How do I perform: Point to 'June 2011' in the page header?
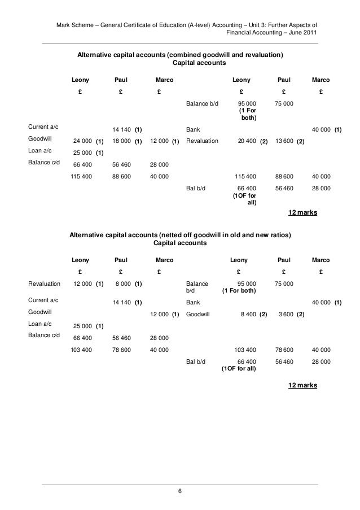pyautogui.click(x=304, y=33)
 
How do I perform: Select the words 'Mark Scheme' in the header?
pyautogui.click(x=73, y=25)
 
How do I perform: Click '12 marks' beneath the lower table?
pyautogui.click(x=302, y=385)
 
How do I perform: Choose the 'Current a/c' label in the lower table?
pyautogui.click(x=43, y=302)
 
